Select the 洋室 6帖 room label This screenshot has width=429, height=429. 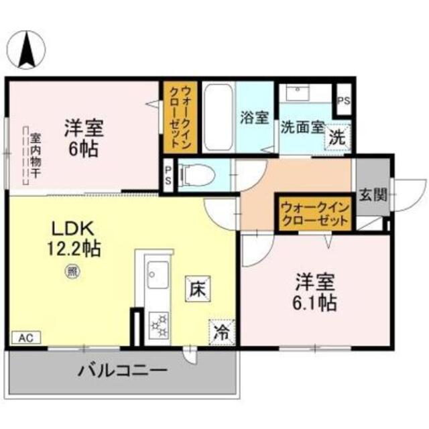pyautogui.click(x=84, y=137)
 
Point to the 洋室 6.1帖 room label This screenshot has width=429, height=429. pyautogui.click(x=314, y=291)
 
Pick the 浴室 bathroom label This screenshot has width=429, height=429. pyautogui.click(x=255, y=118)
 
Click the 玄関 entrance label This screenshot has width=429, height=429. pyautogui.click(x=372, y=196)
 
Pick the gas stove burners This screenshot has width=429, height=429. pyautogui.click(x=159, y=324)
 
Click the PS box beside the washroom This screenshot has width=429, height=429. pyautogui.click(x=344, y=101)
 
